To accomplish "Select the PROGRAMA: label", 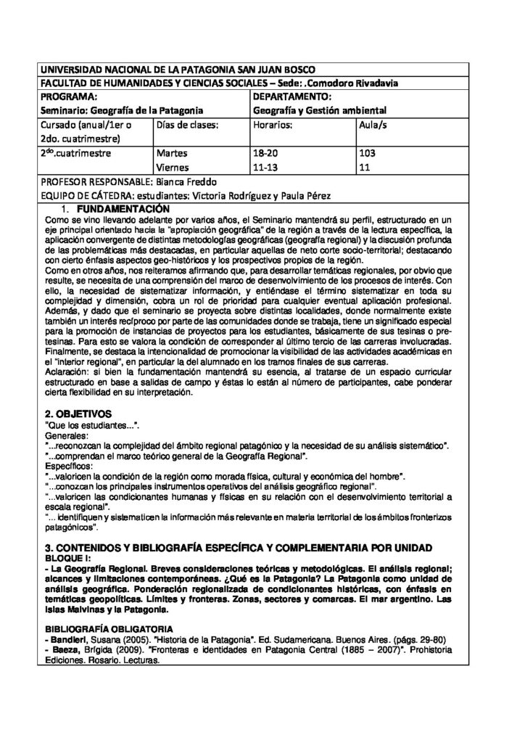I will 69,97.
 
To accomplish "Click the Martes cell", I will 172,154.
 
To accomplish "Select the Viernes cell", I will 173,168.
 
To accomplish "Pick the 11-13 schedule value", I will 265,168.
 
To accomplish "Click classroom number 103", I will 368,154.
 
